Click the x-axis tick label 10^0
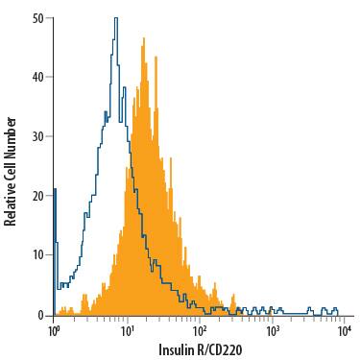[55, 331]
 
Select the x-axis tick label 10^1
[128, 331]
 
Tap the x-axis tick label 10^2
[201, 331]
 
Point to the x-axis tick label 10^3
[274, 331]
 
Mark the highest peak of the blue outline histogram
[115, 18]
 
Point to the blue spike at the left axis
[56, 190]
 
